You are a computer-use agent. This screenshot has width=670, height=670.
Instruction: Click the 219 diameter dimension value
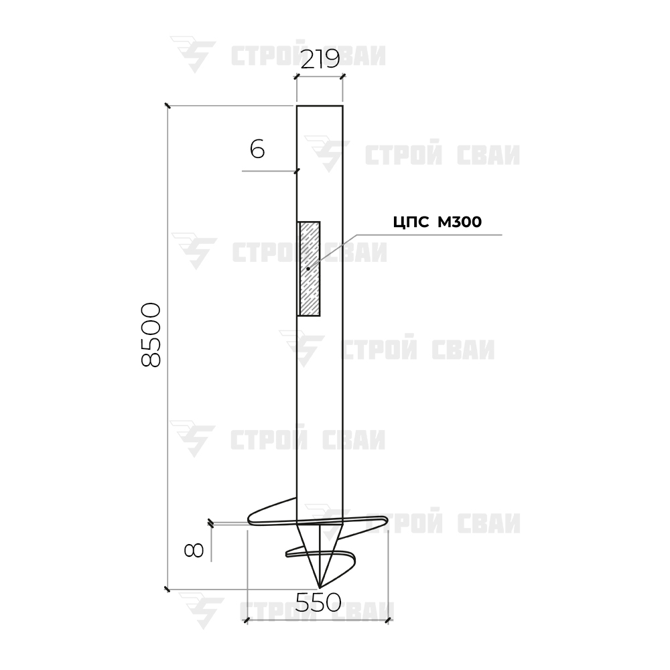[x=320, y=59]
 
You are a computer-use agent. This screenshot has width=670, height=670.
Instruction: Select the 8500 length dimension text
[x=151, y=335]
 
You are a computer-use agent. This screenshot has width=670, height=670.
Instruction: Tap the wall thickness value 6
[x=257, y=149]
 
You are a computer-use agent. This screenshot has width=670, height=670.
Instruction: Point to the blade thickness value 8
[x=194, y=551]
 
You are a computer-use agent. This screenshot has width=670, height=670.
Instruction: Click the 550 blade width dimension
[x=318, y=602]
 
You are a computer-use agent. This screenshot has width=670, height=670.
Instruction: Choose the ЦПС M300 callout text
[x=437, y=222]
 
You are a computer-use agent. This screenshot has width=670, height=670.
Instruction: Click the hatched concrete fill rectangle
[x=308, y=269]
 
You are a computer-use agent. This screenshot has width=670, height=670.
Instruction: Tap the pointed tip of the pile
[x=320, y=588]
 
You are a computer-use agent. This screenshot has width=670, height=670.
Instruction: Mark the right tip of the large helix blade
[x=387, y=520]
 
